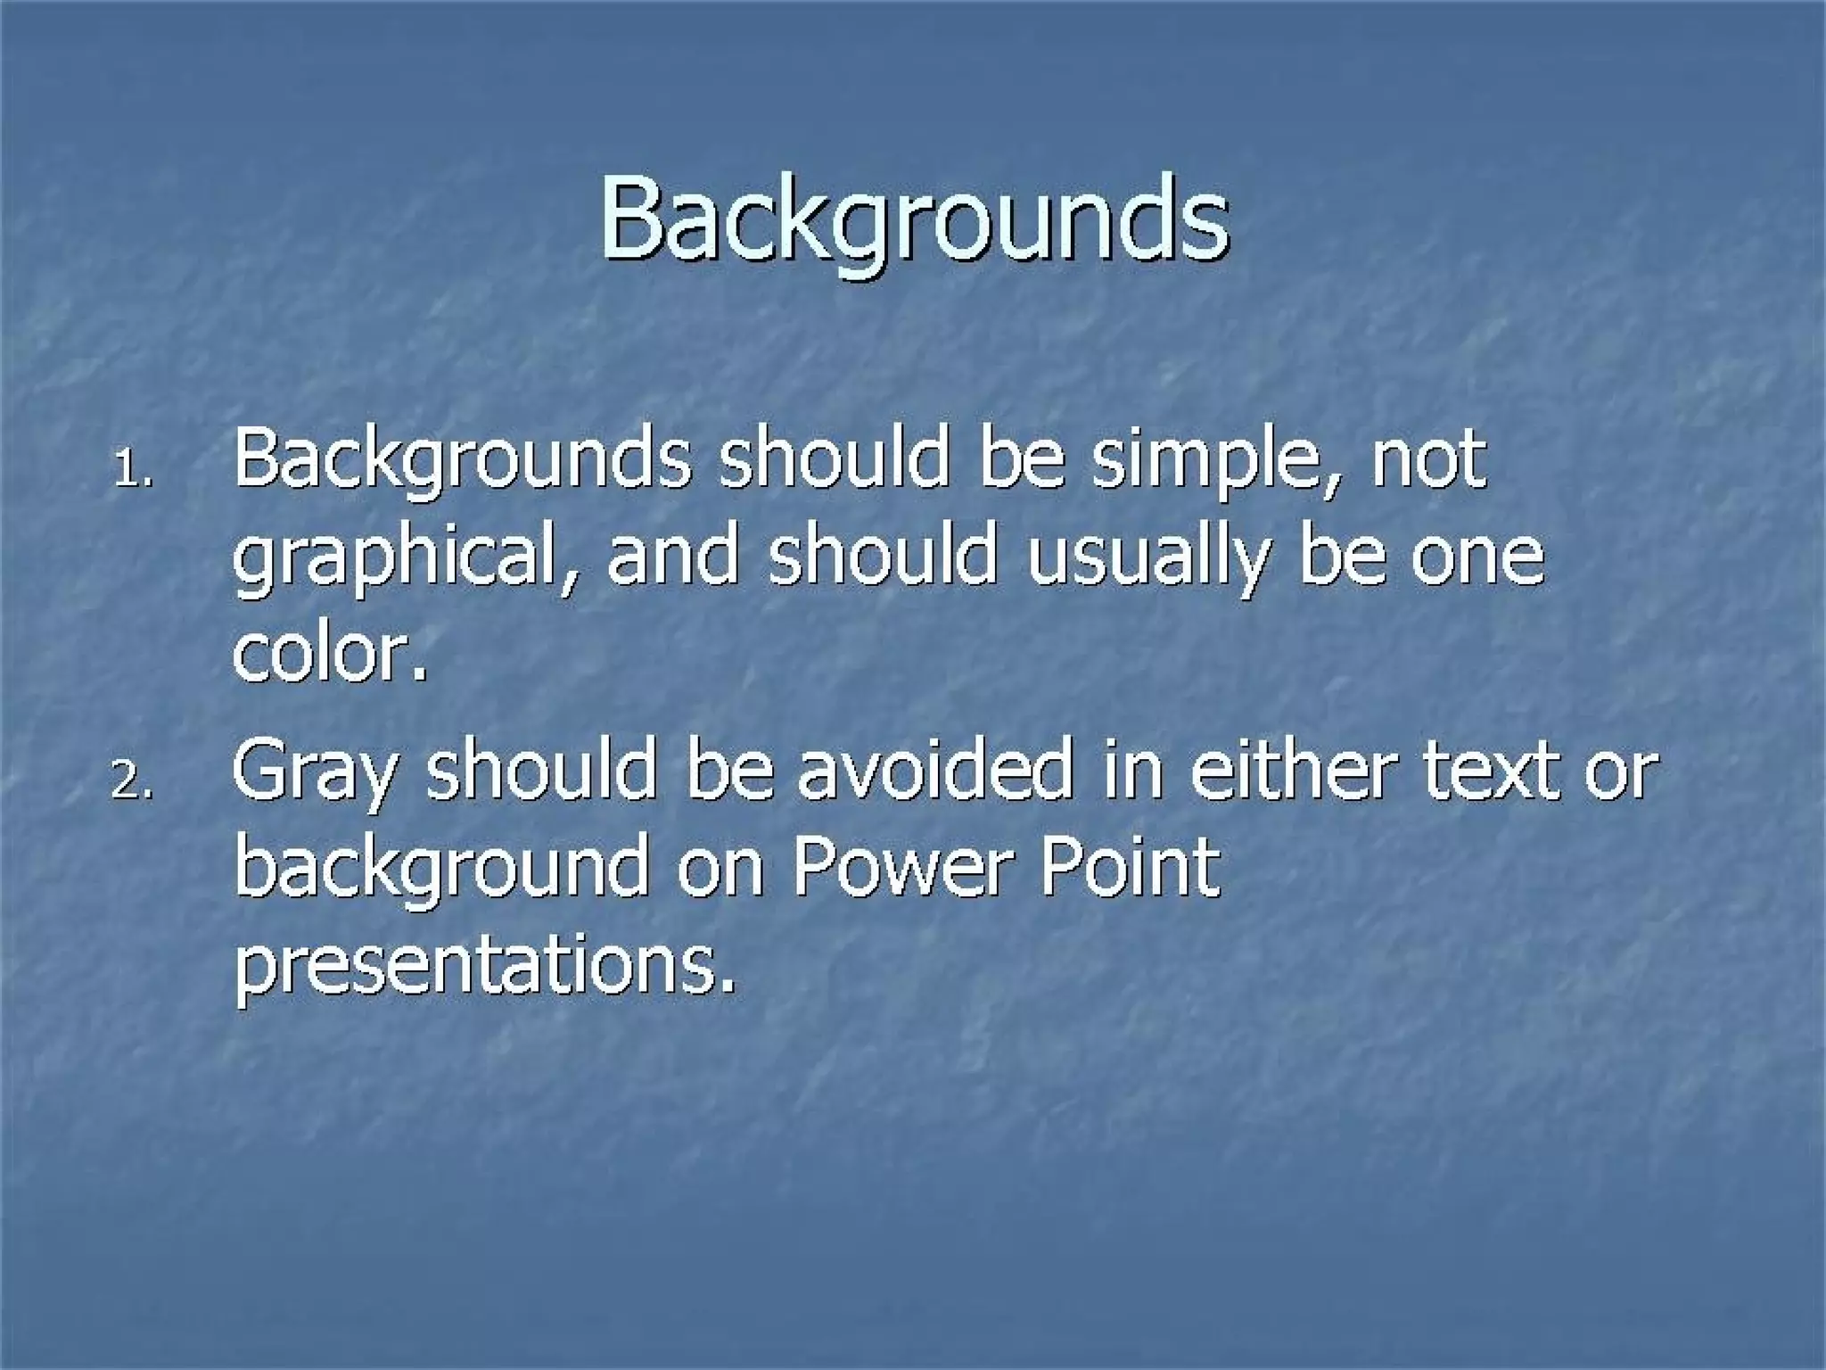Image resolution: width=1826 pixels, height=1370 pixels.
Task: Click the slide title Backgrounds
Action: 914,219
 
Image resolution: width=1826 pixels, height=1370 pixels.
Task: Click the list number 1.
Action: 134,470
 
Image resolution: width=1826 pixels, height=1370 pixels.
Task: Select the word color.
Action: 330,655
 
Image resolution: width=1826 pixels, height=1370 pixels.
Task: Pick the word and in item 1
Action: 673,557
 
